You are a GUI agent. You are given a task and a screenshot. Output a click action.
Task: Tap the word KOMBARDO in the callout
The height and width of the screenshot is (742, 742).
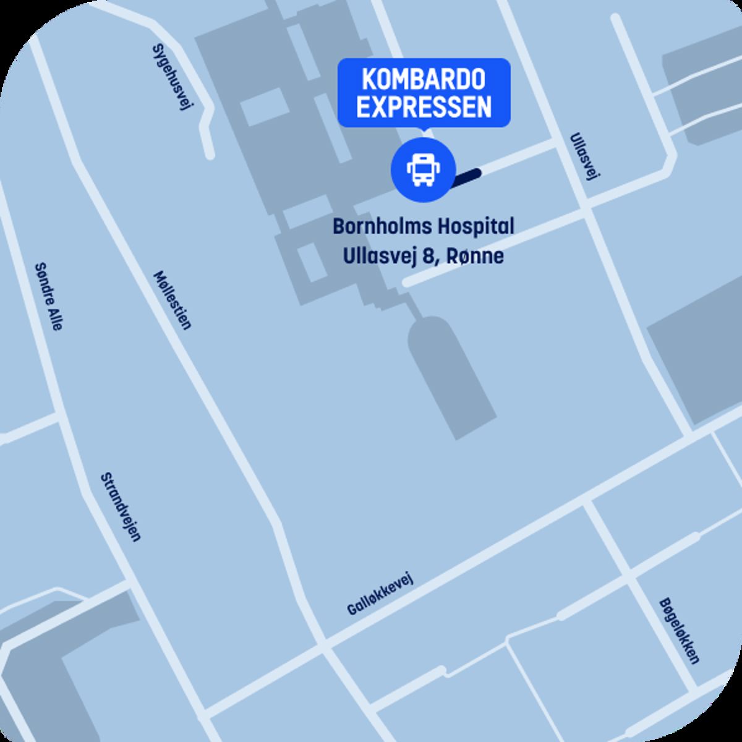(424, 80)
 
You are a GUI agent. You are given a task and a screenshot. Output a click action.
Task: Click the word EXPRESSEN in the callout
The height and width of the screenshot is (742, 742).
(424, 107)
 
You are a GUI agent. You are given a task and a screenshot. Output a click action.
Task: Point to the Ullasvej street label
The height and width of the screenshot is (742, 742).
(585, 157)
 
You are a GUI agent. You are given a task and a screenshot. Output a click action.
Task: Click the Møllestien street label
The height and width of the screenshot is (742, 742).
(173, 300)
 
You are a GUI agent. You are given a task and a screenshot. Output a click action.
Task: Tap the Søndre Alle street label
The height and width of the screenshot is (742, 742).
(48, 296)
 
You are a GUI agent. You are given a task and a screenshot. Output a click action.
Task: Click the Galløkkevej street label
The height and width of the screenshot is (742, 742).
(380, 594)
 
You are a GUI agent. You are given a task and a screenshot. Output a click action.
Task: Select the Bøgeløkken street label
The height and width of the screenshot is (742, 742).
(679, 630)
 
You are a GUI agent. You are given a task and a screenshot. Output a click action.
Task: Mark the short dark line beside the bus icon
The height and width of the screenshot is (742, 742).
(467, 176)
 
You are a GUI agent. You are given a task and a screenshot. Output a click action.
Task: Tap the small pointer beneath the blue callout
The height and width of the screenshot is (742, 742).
(424, 130)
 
